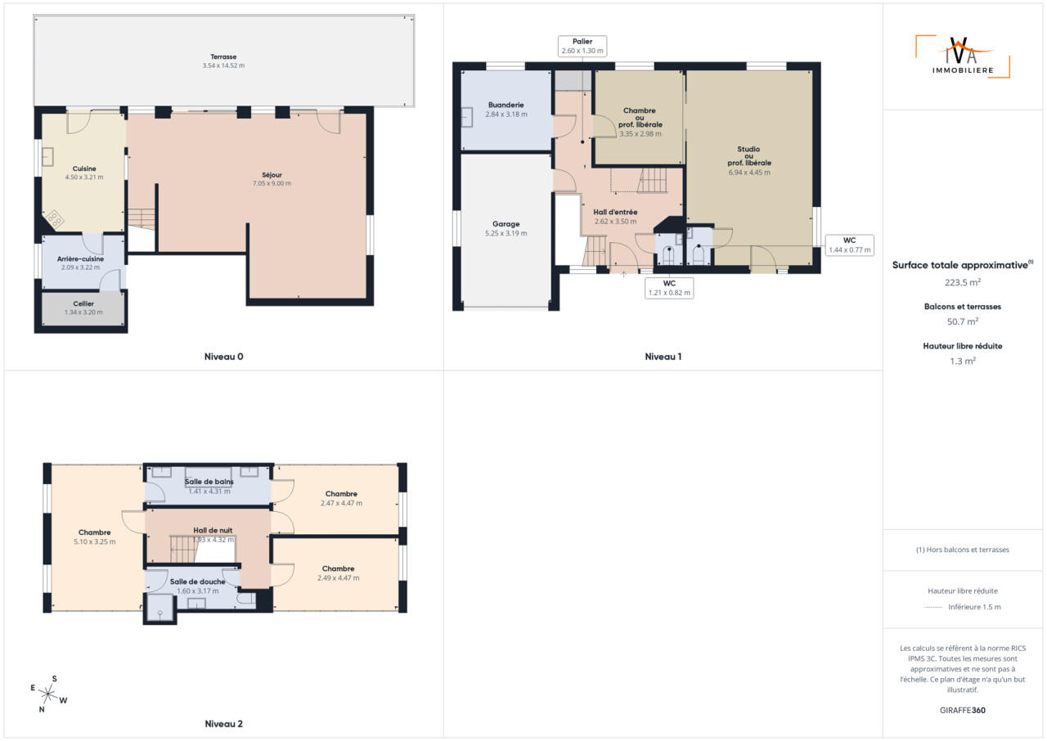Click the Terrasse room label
tap(223, 56)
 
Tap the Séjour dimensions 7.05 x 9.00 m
tap(272, 183)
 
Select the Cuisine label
tap(84, 168)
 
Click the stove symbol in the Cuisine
tap(55, 218)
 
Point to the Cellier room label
tap(83, 303)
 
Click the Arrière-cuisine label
tap(80, 258)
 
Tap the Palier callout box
tap(582, 47)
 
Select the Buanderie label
tap(506, 105)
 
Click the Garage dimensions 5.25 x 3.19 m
tap(506, 233)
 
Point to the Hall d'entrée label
tap(615, 212)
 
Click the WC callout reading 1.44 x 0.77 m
tap(849, 245)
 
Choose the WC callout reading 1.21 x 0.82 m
tap(669, 288)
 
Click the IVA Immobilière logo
tap(963, 56)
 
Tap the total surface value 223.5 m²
tap(963, 282)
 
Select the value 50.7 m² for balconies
tap(963, 321)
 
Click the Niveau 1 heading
tap(663, 357)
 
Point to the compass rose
tap(48, 694)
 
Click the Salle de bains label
tap(209, 481)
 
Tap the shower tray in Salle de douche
tap(160, 607)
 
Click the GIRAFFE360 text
tap(963, 710)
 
